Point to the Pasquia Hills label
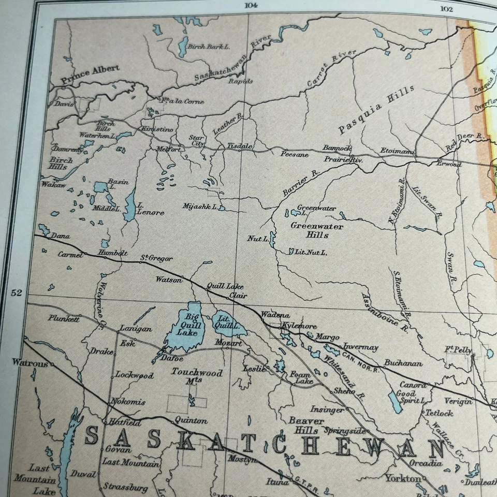tap(376, 110)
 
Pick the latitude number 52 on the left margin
tap(17, 293)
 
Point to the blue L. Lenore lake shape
tap(129, 206)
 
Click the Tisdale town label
tap(240, 147)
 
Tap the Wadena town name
tap(275, 315)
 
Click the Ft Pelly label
tap(458, 350)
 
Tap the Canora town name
tap(413, 385)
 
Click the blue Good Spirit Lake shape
tap(396, 402)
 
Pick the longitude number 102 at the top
tap(446, 8)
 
